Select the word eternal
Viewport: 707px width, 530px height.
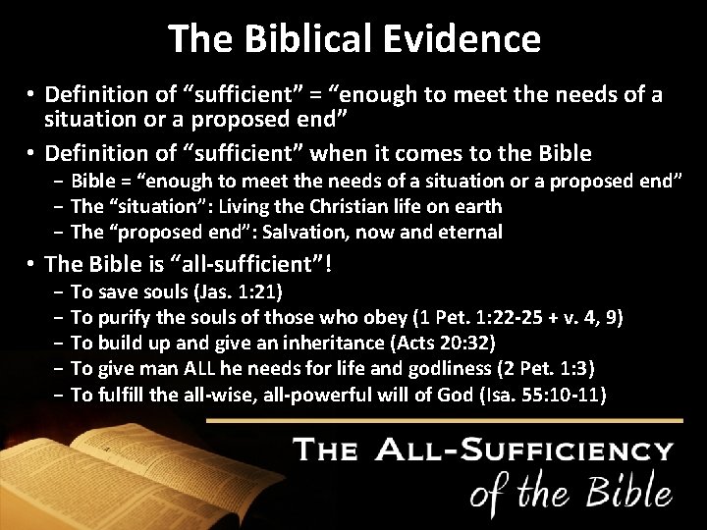469,233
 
